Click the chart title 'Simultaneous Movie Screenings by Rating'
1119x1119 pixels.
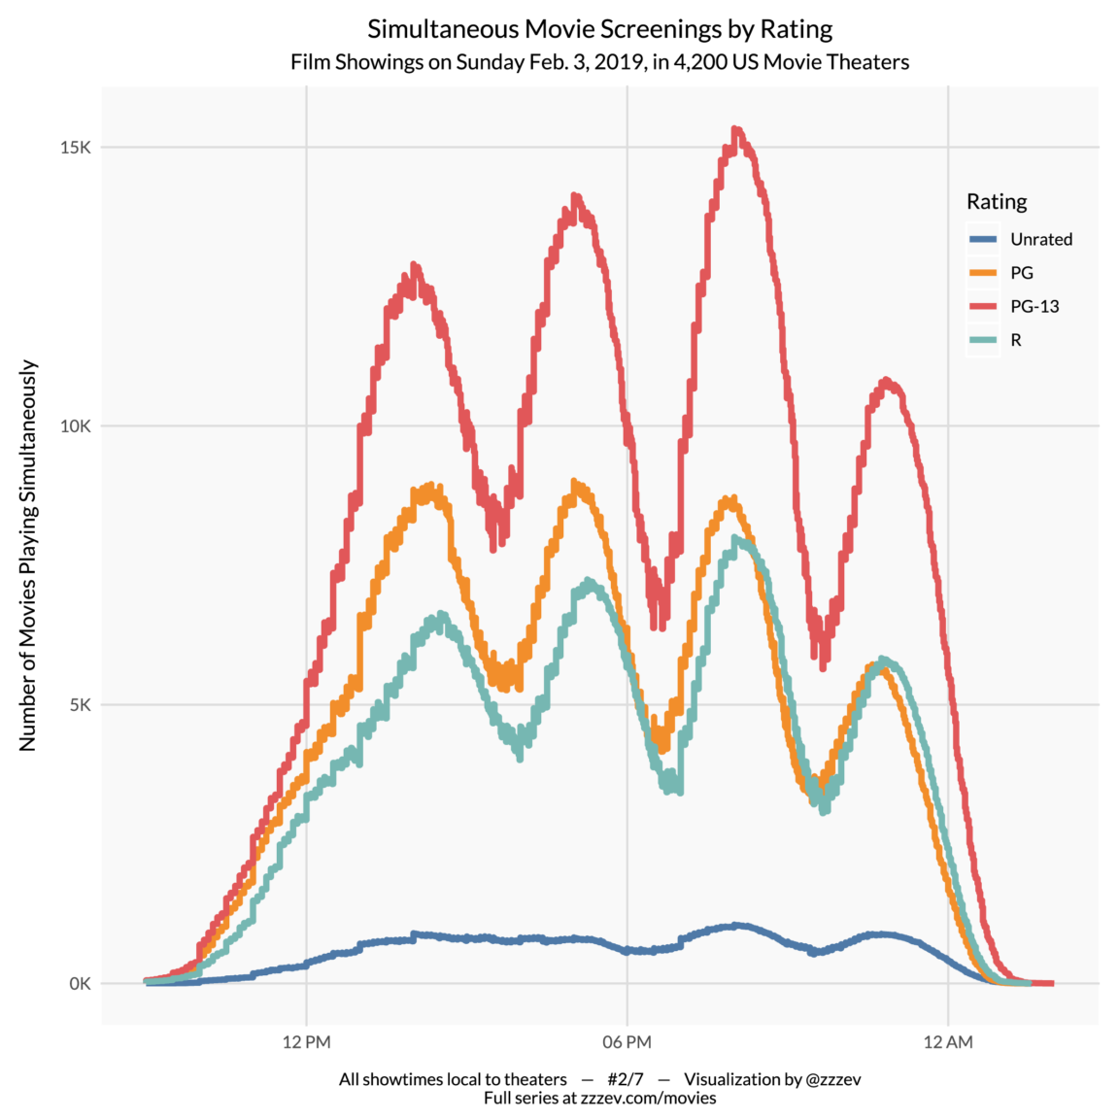pyautogui.click(x=599, y=29)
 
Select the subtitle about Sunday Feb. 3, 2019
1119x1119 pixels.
pyautogui.click(x=599, y=62)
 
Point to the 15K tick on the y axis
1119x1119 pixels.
pyautogui.click(x=75, y=148)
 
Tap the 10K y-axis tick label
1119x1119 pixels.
pyautogui.click(x=75, y=426)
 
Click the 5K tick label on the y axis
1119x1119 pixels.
pyautogui.click(x=80, y=705)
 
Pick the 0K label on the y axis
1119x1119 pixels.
pyautogui.click(x=80, y=984)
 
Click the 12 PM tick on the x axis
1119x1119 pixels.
pyautogui.click(x=307, y=1042)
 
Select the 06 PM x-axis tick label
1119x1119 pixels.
pyautogui.click(x=627, y=1042)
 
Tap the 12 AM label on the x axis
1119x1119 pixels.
pyautogui.click(x=947, y=1042)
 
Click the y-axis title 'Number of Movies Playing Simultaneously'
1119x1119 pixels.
pyautogui.click(x=28, y=555)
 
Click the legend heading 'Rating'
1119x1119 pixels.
pyautogui.click(x=996, y=202)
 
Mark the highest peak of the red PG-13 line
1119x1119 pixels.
pyautogui.click(x=736, y=129)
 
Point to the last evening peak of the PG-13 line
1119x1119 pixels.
pyautogui.click(x=886, y=381)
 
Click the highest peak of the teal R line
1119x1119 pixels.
pyautogui.click(x=738, y=538)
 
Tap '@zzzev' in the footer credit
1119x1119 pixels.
pyautogui.click(x=833, y=1079)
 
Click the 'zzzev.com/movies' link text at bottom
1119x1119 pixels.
pyautogui.click(x=648, y=1099)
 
